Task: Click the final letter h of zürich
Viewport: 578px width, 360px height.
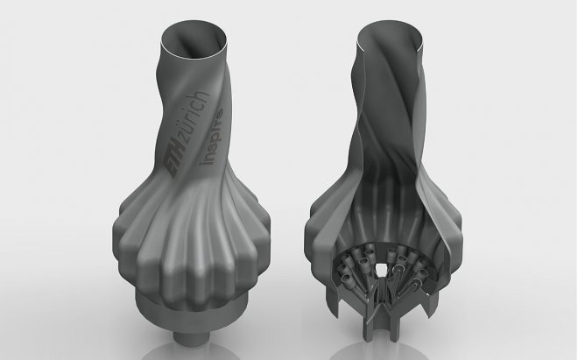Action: pyautogui.click(x=203, y=95)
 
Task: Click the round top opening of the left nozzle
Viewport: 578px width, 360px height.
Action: pyautogui.click(x=194, y=40)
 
